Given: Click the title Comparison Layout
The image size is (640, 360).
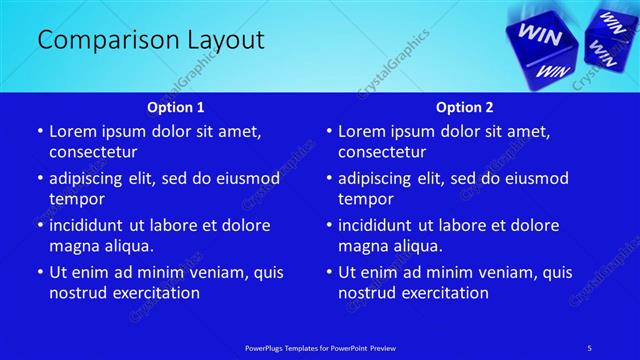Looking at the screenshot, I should click(x=150, y=40).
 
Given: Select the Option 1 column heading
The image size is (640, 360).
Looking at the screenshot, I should click(x=176, y=107).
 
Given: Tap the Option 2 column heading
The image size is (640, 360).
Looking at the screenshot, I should click(x=465, y=107).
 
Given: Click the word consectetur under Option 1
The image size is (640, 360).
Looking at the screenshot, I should click(x=93, y=152).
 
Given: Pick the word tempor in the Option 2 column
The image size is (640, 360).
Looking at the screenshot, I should click(x=363, y=198).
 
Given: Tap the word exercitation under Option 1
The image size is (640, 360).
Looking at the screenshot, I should click(x=155, y=293).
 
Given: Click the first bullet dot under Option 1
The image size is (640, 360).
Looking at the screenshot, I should click(x=39, y=131).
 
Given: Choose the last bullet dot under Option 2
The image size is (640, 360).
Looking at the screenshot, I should click(x=328, y=272).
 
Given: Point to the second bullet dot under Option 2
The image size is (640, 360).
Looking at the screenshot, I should click(x=328, y=178).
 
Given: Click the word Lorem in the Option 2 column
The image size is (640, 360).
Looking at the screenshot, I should click(x=361, y=131).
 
